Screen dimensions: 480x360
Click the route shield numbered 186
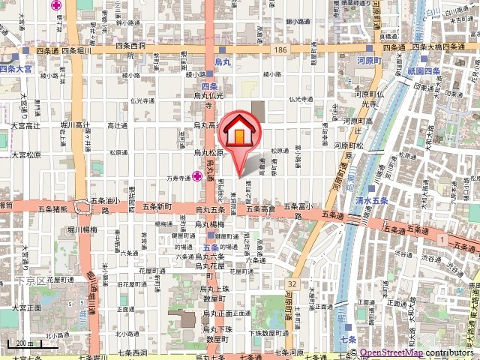pos(280,49)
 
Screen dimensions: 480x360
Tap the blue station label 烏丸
pos(222,59)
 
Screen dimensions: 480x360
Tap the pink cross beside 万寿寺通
pos(196,177)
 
